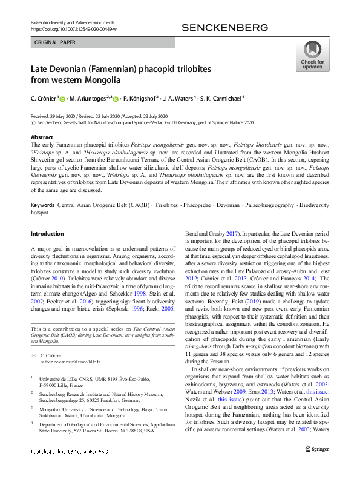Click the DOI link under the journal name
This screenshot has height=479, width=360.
(73, 29)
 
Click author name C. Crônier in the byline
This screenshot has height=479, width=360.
(44, 98)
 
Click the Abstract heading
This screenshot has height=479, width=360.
(42, 137)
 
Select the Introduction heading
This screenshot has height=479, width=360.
(47, 233)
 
